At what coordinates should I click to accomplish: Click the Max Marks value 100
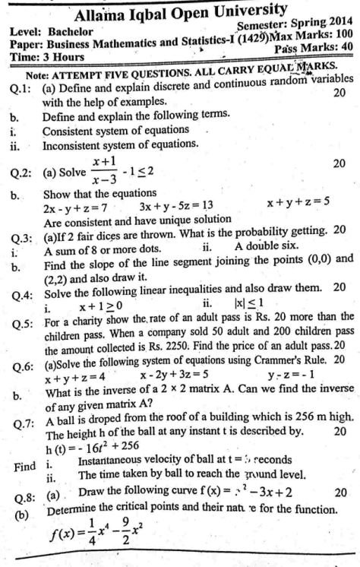tap(343, 34)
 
